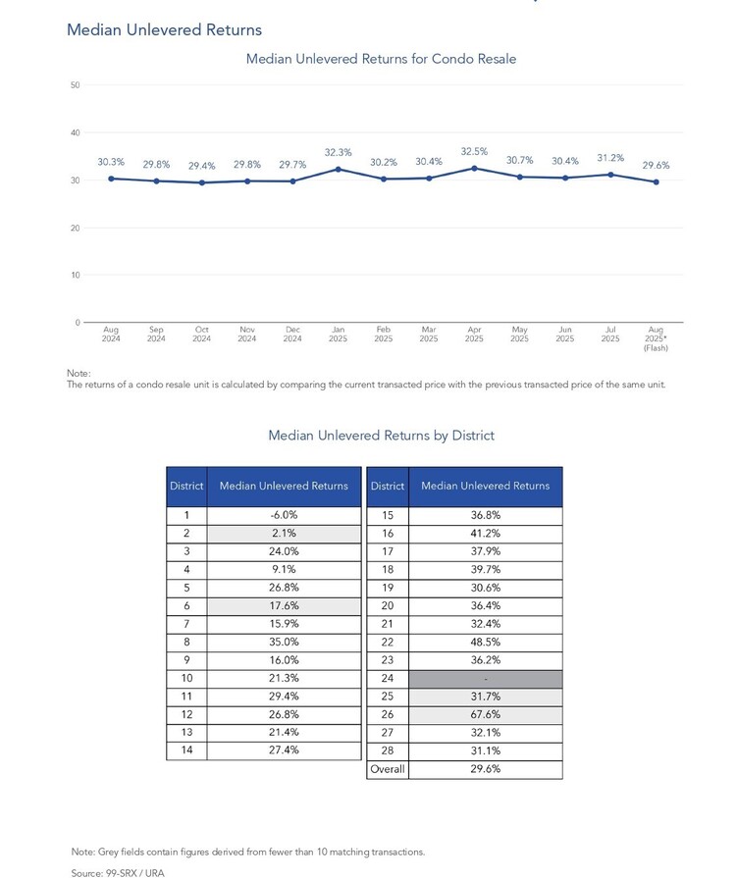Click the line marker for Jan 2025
click(x=338, y=169)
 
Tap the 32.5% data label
click(x=474, y=152)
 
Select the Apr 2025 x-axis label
click(x=474, y=335)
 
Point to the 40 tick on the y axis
click(x=75, y=132)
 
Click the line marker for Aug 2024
click(x=111, y=179)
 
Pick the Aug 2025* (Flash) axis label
click(x=656, y=338)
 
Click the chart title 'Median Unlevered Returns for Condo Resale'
click(x=381, y=59)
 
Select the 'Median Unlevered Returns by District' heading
click(x=381, y=436)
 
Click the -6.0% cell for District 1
click(x=284, y=515)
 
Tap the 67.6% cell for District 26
click(x=485, y=715)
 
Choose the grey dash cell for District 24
click(x=485, y=679)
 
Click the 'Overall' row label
click(x=388, y=769)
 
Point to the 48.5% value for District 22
click(x=485, y=643)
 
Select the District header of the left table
click(x=186, y=486)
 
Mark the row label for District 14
click(x=186, y=750)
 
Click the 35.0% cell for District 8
click(x=284, y=643)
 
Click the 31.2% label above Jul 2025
click(x=610, y=158)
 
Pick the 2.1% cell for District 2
click(x=284, y=534)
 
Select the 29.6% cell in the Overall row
click(x=485, y=769)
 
